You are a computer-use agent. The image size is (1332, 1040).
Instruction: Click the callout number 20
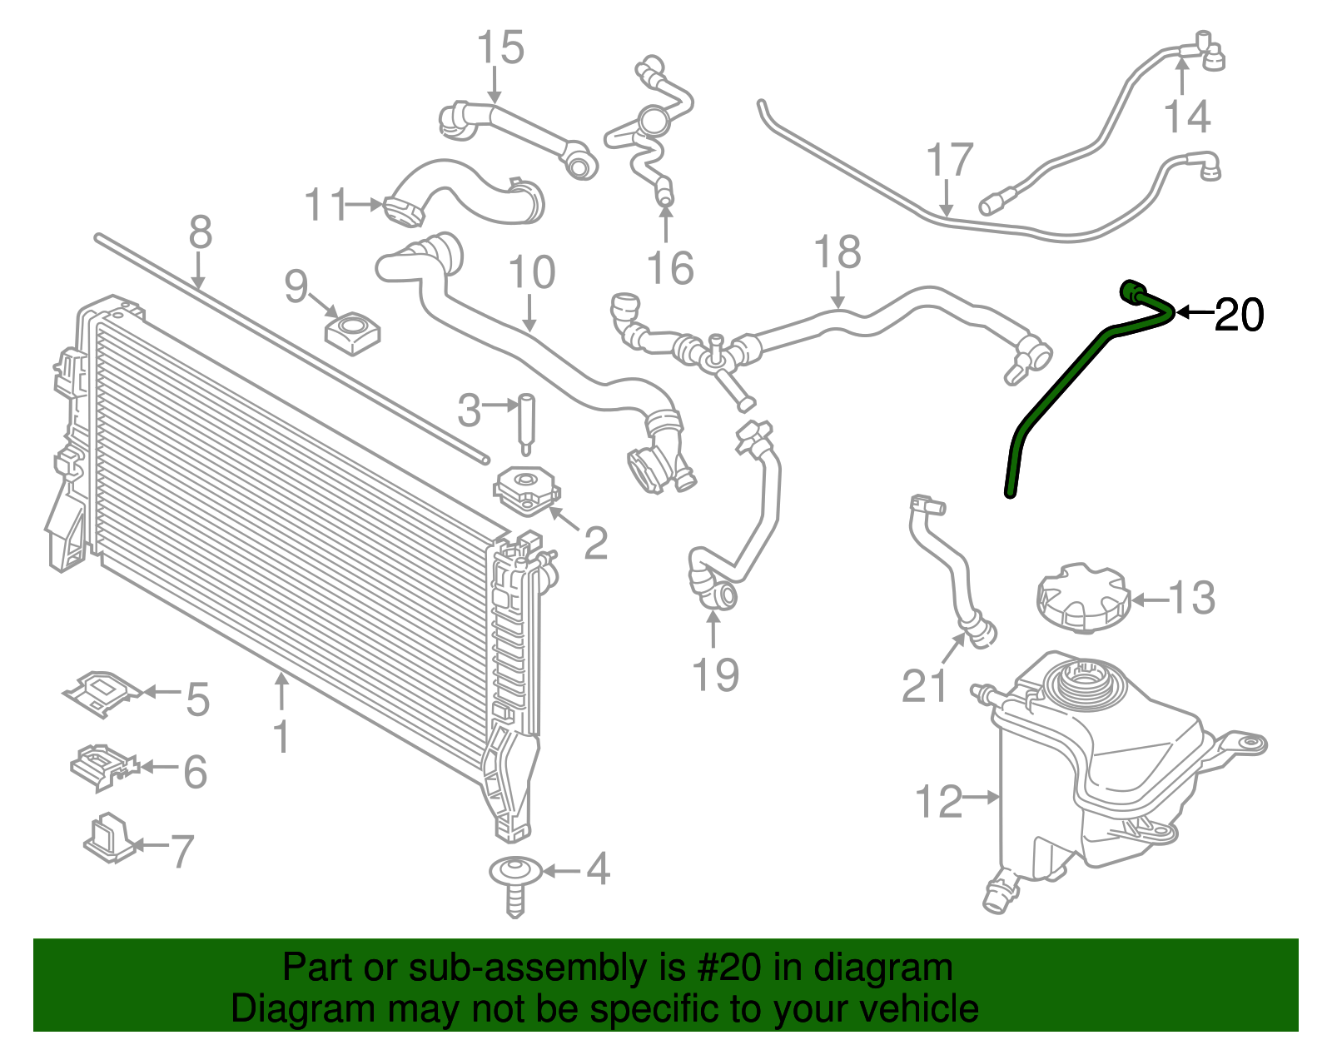pos(1239,315)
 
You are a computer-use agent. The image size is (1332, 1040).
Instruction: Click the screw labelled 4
pos(516,885)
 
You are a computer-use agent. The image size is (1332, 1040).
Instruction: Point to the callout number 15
pos(501,47)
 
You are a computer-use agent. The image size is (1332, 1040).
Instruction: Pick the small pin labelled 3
pos(526,424)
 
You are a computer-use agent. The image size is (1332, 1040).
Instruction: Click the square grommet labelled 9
pos(352,333)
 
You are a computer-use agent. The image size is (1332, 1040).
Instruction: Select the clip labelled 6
pos(103,767)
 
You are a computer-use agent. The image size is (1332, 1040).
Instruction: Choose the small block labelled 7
pos(109,837)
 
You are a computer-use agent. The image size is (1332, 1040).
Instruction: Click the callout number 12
pos(938,801)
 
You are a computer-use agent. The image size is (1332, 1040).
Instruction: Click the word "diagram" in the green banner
pos(882,968)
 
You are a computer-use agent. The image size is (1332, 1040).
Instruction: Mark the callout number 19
pos(715,674)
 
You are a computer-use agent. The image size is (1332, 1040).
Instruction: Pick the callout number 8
pos(201,232)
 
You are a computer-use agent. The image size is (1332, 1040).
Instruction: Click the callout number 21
pos(924,685)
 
